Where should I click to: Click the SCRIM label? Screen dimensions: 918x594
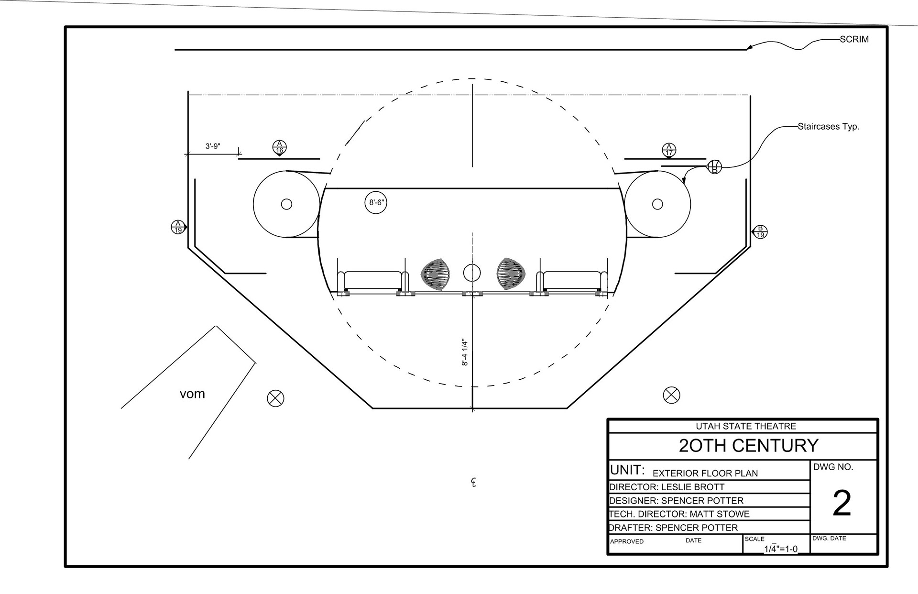pyautogui.click(x=854, y=39)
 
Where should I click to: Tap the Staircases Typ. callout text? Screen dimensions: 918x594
pyautogui.click(x=828, y=127)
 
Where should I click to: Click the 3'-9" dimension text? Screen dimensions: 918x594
pyautogui.click(x=213, y=146)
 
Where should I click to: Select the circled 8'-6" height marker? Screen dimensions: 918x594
pyautogui.click(x=375, y=202)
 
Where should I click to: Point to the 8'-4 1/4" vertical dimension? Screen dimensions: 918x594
pyautogui.click(x=465, y=352)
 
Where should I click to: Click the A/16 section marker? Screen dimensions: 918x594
pyautogui.click(x=280, y=147)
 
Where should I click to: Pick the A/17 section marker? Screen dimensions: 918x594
pyautogui.click(x=669, y=150)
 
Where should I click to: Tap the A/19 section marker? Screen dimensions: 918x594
pyautogui.click(x=178, y=227)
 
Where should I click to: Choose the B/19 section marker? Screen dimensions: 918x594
pyautogui.click(x=760, y=231)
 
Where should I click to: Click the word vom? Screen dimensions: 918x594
pyautogui.click(x=192, y=394)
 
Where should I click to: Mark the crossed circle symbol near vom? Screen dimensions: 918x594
pyautogui.click(x=275, y=398)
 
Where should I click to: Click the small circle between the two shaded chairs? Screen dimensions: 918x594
pyautogui.click(x=471, y=273)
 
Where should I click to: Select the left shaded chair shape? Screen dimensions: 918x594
pyautogui.click(x=435, y=275)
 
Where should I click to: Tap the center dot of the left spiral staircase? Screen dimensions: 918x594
pyautogui.click(x=286, y=204)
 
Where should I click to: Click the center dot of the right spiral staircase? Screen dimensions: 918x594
pyautogui.click(x=657, y=204)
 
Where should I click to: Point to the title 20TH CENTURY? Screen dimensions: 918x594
pyautogui.click(x=749, y=446)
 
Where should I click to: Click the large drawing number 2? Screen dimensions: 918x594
pyautogui.click(x=841, y=503)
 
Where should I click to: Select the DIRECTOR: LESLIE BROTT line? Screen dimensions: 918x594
pyautogui.click(x=667, y=487)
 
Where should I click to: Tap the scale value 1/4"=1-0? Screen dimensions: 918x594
pyautogui.click(x=780, y=549)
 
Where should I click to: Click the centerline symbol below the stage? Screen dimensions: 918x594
pyautogui.click(x=473, y=482)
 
